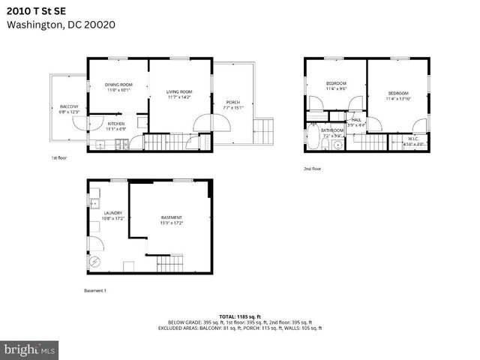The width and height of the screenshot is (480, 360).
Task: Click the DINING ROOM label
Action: [118, 85]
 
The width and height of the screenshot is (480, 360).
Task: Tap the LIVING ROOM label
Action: [179, 92]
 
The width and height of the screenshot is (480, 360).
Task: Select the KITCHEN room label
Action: [115, 124]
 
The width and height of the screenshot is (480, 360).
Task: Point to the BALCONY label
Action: [69, 107]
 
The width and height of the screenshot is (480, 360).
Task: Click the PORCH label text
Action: [232, 102]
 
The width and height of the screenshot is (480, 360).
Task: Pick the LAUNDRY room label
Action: [112, 213]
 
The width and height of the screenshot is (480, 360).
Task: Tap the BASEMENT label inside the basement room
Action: [171, 217]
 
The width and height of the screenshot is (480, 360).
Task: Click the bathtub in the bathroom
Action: [313, 139]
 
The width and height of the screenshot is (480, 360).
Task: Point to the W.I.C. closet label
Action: [413, 139]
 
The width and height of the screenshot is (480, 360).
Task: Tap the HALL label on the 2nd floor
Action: [356, 120]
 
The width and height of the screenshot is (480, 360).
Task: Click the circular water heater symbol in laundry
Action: [94, 262]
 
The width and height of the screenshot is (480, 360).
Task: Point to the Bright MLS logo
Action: [30, 349]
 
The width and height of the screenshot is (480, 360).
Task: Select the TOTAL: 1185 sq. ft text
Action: [240, 316]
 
